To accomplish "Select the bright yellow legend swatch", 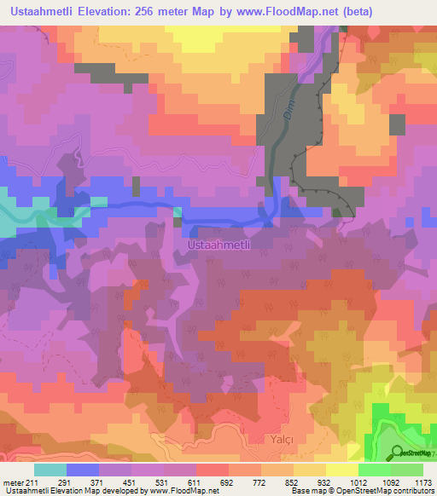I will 341,470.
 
